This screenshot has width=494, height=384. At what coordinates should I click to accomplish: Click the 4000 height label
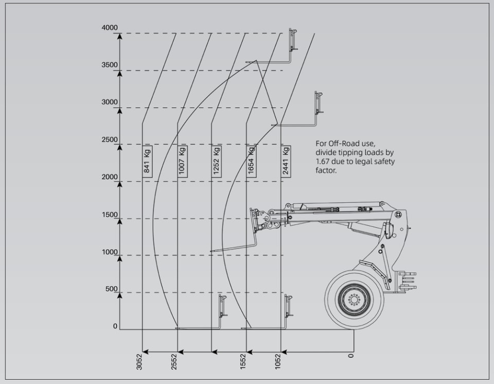coord(110,28)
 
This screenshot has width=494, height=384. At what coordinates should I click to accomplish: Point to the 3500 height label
coord(110,65)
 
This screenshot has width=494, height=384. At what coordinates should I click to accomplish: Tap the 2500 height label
coord(110,139)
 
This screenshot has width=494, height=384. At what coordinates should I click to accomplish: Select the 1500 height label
coord(110,215)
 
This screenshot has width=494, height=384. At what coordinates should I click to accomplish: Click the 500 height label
coord(112,289)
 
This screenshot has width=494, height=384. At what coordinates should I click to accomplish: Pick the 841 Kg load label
coord(147,161)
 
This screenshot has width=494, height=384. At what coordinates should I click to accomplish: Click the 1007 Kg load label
coord(182,161)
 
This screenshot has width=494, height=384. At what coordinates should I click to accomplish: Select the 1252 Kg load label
coord(216,161)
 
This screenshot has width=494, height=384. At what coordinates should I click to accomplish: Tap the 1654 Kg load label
coord(251,161)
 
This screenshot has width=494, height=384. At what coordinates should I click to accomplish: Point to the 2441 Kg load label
coord(286,161)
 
